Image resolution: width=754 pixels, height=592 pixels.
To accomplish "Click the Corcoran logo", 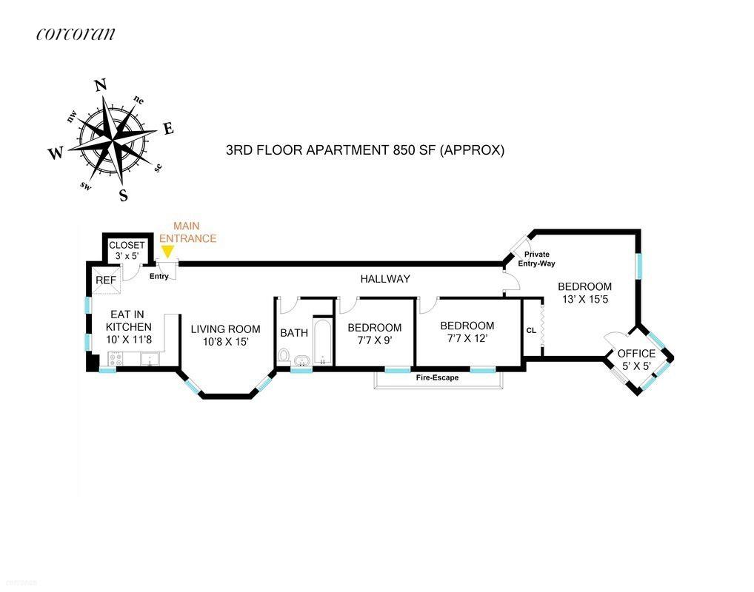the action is pos(75,34).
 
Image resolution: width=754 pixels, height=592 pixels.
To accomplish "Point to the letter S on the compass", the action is pos(124,195).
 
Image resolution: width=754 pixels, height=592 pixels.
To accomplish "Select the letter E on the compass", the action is pos(168,129).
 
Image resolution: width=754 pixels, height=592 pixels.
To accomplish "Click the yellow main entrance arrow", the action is pos(167,252).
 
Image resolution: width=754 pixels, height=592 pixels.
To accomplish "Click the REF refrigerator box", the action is pos(105,280).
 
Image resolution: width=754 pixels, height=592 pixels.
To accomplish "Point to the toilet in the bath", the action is pos(283,357).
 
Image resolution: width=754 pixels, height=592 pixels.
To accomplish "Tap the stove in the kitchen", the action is pos(116,359).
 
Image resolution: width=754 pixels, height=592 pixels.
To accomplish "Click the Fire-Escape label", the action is pos(437,377).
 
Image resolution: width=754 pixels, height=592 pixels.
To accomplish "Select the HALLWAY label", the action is pos(385,279).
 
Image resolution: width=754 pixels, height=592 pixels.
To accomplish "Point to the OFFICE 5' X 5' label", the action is pos(636,360).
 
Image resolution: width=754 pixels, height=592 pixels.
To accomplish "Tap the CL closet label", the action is pos(531,330).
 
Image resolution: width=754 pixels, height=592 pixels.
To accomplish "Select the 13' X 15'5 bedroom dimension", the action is pos(584,300).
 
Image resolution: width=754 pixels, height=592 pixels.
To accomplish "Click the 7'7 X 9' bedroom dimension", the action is pos(374,341).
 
